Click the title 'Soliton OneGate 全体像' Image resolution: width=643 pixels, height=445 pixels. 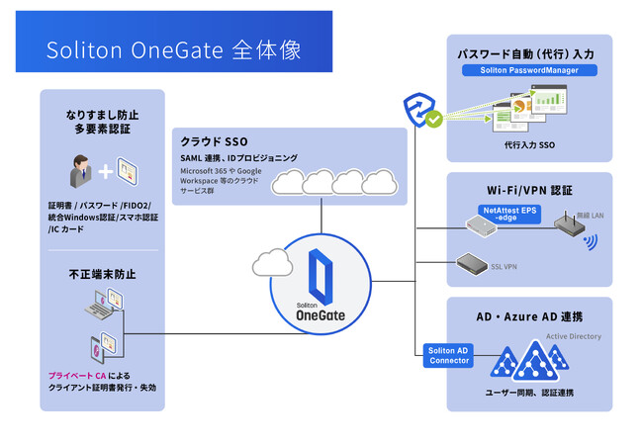click(x=174, y=48)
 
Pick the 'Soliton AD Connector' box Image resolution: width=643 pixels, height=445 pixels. click(x=448, y=355)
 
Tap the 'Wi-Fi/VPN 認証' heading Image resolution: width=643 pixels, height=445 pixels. click(x=529, y=189)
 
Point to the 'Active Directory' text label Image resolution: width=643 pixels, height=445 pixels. click(x=574, y=336)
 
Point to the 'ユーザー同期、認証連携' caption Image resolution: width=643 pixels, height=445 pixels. click(x=528, y=394)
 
